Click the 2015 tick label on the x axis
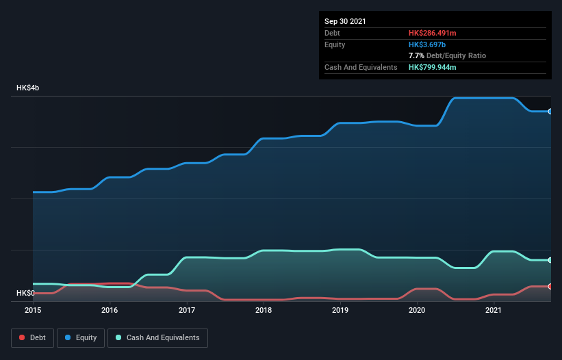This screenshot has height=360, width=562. coord(33,310)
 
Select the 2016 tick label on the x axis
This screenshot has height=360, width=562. coord(110,310)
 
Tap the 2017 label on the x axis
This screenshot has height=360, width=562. coord(187,310)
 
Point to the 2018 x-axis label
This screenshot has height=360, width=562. coord(264,310)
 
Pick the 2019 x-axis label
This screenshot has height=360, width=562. coord(341,310)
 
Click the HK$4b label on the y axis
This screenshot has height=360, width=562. coord(28,88)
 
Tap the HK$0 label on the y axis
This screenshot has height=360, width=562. coord(26,293)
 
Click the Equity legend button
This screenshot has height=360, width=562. coord(81,337)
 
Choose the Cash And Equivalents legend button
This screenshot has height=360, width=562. coord(157,337)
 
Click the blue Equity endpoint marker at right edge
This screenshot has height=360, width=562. coord(550,111)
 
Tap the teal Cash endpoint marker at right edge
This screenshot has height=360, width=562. coord(550,260)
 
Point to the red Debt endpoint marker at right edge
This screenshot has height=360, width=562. coord(550,286)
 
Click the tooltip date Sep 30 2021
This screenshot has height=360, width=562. coord(346,21)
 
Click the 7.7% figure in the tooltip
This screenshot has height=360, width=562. coord(416,55)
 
